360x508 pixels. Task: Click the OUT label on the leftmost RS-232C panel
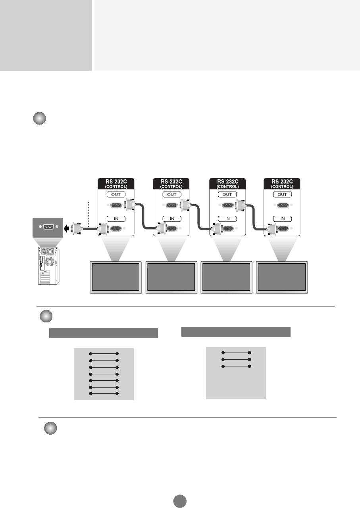click(116, 194)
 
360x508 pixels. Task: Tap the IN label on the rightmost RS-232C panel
click(282, 219)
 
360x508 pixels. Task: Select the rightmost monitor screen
click(282, 277)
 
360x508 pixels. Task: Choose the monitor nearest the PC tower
click(116, 277)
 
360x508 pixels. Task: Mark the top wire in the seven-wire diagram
click(104, 353)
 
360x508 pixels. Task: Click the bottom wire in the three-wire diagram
click(236, 366)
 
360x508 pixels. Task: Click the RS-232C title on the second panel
click(171, 182)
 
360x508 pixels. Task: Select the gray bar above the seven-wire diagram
click(104, 333)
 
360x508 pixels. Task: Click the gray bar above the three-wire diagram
click(236, 332)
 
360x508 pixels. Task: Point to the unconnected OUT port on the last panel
click(282, 205)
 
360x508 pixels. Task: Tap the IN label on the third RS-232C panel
click(227, 219)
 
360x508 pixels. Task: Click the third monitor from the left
click(227, 277)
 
